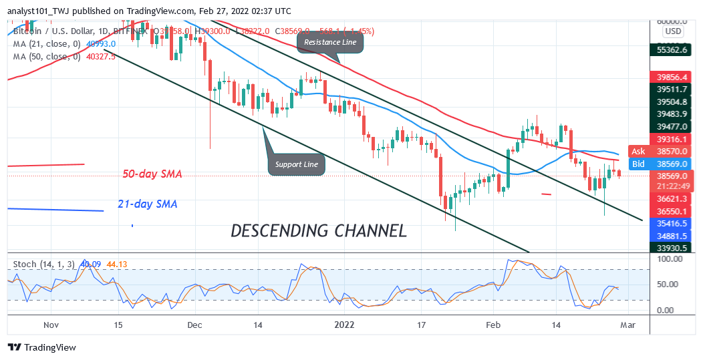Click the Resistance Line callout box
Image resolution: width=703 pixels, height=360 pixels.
click(332, 43)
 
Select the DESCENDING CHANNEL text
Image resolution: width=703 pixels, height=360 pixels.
click(318, 231)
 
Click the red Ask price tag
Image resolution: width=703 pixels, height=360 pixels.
click(638, 152)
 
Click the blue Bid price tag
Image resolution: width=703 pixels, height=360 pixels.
click(638, 163)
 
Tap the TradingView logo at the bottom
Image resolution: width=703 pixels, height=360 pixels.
click(42, 347)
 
